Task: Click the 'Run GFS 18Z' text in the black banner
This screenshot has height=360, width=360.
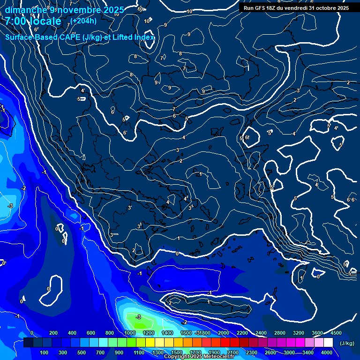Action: pos(260,8)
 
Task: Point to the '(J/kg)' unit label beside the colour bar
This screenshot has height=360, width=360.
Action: pos(347,343)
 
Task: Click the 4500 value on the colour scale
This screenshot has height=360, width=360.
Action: pos(336,333)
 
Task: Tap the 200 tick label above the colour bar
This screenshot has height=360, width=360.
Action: pos(53,333)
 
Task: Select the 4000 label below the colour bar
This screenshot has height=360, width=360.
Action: pos(327,352)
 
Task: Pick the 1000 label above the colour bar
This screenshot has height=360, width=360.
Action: pos(129,333)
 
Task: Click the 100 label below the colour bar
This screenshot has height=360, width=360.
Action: pos(44,352)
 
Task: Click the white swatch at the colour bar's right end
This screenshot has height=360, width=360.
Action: pos(329,343)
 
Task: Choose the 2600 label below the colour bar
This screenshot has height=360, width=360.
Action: pos(270,352)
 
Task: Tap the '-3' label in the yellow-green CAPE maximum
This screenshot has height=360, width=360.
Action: pos(138,317)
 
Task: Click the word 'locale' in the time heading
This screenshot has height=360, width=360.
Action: pos(45,21)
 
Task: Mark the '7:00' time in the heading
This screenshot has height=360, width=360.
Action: pos(15,21)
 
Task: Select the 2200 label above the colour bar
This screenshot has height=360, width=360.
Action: pos(242,333)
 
